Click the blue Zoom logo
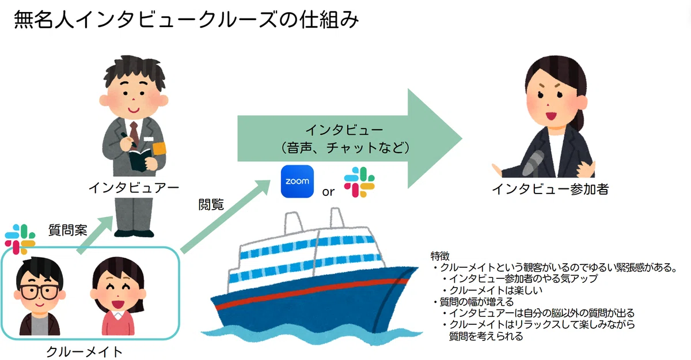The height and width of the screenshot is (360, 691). (x=297, y=181)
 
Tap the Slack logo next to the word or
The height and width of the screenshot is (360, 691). (x=359, y=182)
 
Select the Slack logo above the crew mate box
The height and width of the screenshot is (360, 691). (x=20, y=240)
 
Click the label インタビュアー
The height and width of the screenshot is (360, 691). (x=134, y=188)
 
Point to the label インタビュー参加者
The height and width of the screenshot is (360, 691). (x=550, y=189)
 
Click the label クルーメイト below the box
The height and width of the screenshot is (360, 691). (x=84, y=351)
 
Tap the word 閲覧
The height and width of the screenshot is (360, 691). (x=211, y=204)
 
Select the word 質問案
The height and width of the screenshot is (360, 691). (x=68, y=230)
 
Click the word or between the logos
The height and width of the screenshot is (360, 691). (x=328, y=192)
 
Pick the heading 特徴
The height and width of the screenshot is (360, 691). (x=440, y=256)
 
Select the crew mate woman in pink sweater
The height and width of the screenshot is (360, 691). (x=118, y=296)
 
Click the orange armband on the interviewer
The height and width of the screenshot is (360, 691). (x=160, y=149)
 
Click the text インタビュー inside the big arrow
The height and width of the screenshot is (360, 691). (x=344, y=130)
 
